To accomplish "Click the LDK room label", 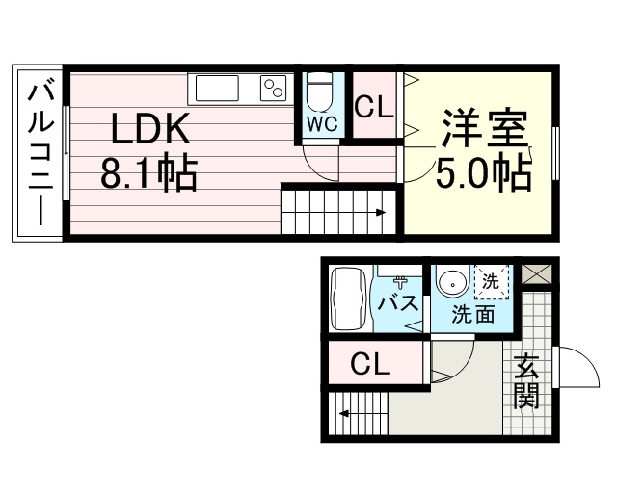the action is [x=150, y=128].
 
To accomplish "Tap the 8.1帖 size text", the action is [x=148, y=173].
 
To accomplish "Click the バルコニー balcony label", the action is [x=40, y=155].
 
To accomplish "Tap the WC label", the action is [x=322, y=124].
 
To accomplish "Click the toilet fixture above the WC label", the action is [x=319, y=92].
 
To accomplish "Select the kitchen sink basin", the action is [x=217, y=88].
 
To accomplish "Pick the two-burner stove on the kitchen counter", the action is [x=273, y=88].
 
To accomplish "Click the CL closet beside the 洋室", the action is [x=374, y=105].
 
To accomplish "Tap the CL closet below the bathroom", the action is [x=375, y=363].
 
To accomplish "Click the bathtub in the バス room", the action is [x=348, y=299].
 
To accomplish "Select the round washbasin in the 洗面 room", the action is [x=452, y=283].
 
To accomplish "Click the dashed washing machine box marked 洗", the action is [x=492, y=282].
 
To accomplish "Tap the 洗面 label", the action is [x=472, y=314].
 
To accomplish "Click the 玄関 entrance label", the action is [x=526, y=381].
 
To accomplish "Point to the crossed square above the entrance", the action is [x=537, y=274].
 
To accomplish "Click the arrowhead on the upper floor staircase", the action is [x=381, y=213].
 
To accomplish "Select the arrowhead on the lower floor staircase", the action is [x=344, y=414].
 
